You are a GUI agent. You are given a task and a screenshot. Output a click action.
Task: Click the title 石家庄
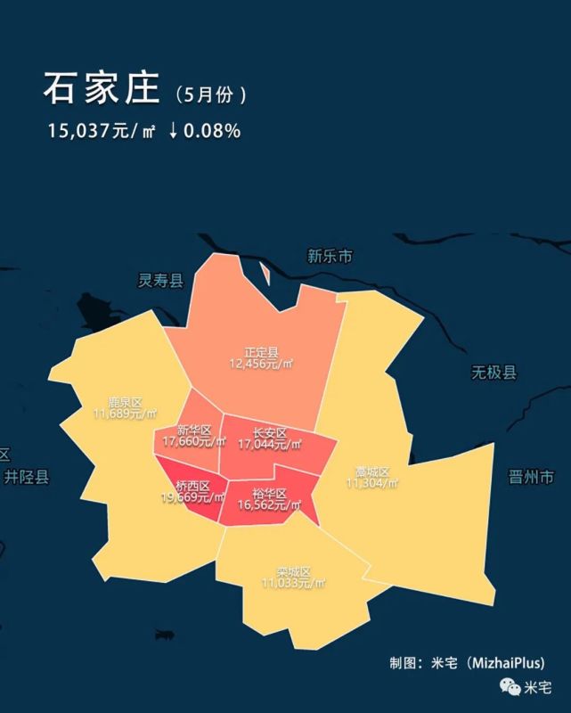pyautogui.click(x=101, y=89)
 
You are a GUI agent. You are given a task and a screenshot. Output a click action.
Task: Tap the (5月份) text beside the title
pyautogui.click(x=211, y=94)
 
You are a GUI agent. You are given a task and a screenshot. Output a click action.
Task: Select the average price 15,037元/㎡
pyautogui.click(x=102, y=131)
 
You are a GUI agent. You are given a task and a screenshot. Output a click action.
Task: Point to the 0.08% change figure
pyautogui.click(x=212, y=131)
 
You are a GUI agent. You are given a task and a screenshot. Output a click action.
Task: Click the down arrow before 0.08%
pyautogui.click(x=173, y=131)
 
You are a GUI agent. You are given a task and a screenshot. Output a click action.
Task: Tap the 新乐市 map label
pyautogui.click(x=330, y=257)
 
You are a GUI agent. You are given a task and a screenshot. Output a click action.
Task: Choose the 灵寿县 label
pyautogui.click(x=160, y=281)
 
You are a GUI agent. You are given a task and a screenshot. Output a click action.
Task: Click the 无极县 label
pyautogui.click(x=494, y=373)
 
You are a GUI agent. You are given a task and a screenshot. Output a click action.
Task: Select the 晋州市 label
pyautogui.click(x=531, y=476)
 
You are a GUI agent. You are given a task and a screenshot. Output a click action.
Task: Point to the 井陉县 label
pyautogui.click(x=27, y=477)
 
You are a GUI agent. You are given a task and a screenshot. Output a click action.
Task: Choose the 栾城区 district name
pyautogui.click(x=293, y=571)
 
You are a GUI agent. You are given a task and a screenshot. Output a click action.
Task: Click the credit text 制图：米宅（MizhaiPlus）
pyautogui.click(x=467, y=663)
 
